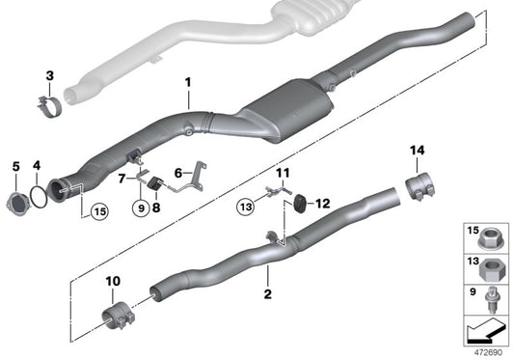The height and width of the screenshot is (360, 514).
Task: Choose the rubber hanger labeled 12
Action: pos(300,201)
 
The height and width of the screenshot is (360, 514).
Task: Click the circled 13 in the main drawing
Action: pos(245,205)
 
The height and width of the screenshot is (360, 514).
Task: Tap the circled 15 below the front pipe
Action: pos(98,211)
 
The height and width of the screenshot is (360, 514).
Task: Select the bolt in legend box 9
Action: pos(494,295)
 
